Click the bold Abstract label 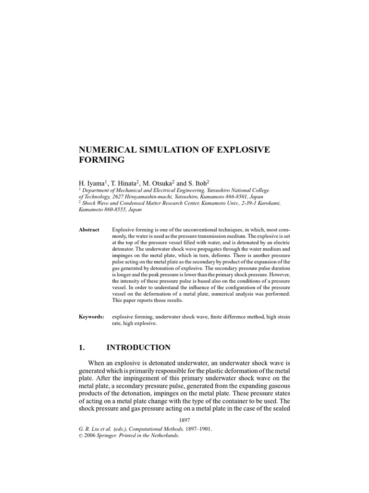(x=89, y=230)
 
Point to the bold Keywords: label (x=91, y=317)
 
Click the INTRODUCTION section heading (x=138, y=347)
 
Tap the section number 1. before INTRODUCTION (x=82, y=347)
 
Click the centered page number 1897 (x=184, y=420)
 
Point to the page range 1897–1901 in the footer (x=195, y=428)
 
